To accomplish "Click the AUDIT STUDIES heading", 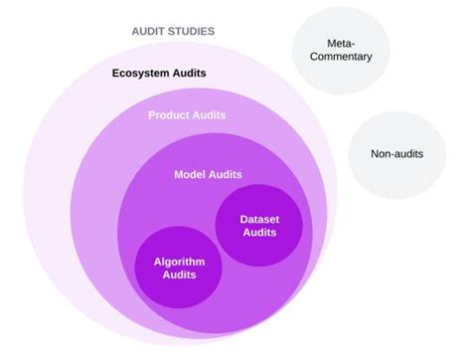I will (x=173, y=31).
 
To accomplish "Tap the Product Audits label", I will (x=187, y=115).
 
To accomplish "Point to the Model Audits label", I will (x=208, y=174).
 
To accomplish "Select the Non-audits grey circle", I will (x=394, y=155).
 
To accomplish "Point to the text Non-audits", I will (x=394, y=155).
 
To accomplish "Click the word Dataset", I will (x=258, y=218).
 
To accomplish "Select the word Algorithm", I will (x=179, y=262).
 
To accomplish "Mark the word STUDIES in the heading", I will (x=192, y=31).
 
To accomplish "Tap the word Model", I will (x=190, y=174).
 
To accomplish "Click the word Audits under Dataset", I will (x=258, y=233).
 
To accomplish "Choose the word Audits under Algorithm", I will (x=179, y=276).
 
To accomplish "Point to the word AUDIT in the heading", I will (x=150, y=31).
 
